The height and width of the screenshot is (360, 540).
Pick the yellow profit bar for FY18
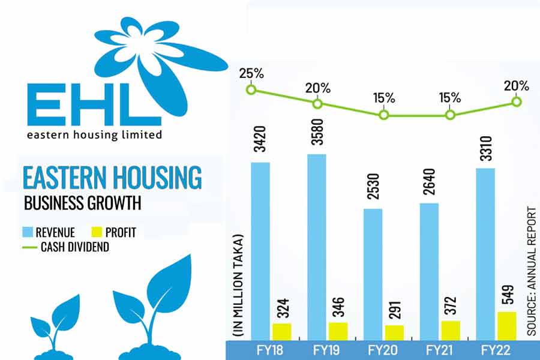[x=281, y=332]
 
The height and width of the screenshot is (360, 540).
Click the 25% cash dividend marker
[x=251, y=90]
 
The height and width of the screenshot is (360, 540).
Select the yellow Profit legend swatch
[x=97, y=232]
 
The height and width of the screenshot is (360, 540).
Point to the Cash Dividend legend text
[x=74, y=247]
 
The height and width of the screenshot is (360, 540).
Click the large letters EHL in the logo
[x=87, y=108]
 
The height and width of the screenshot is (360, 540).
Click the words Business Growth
[x=82, y=203]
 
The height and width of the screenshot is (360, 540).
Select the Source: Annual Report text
[x=532, y=270]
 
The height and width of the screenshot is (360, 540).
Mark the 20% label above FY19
[x=317, y=88]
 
